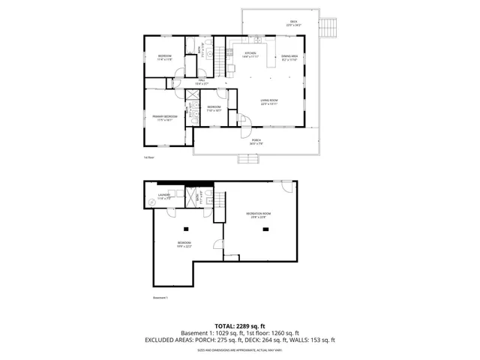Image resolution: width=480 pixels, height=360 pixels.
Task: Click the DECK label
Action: tap(292, 22)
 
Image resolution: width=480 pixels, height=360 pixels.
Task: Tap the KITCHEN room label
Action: tap(250, 53)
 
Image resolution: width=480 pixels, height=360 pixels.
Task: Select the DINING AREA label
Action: tap(289, 57)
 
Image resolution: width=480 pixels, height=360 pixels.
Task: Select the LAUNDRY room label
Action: tap(164, 195)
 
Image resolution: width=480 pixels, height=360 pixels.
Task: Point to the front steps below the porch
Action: tap(248, 159)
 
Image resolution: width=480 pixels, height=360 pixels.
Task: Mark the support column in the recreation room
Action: tap(264, 229)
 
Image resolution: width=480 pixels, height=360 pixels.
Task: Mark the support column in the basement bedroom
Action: tap(186, 229)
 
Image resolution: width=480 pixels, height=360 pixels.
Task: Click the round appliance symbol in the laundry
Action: tap(151, 201)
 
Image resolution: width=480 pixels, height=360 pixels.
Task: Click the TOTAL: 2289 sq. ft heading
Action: tap(240, 325)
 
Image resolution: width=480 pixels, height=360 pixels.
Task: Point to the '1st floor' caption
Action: tap(148, 157)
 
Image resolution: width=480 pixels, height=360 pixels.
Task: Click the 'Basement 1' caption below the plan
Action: tap(160, 298)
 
